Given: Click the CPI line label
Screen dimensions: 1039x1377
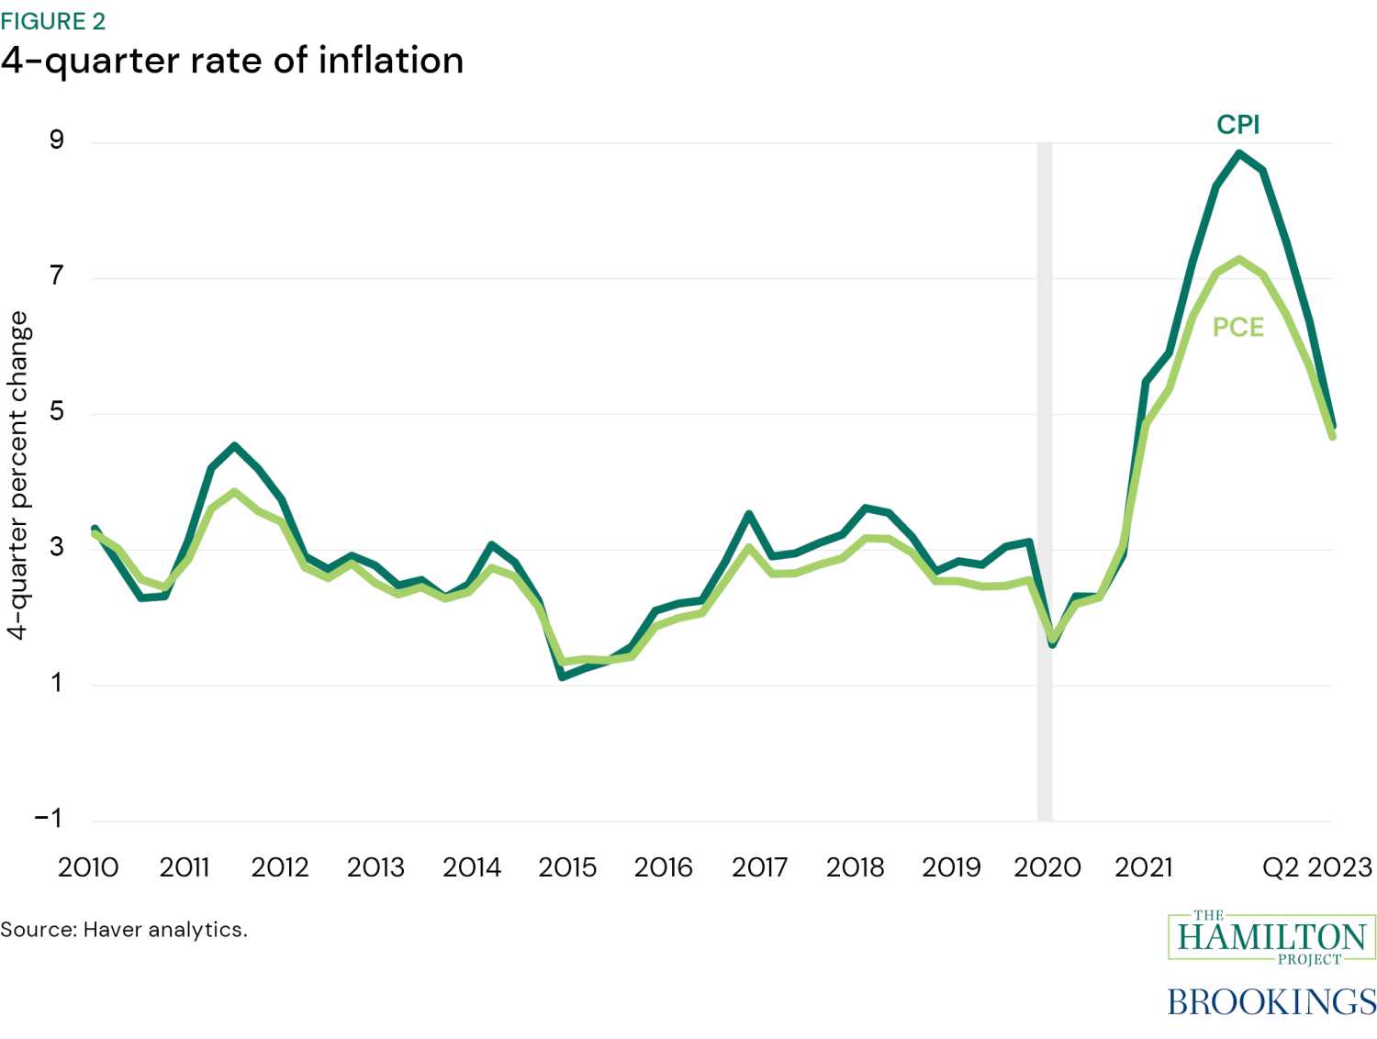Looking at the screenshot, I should [1237, 125].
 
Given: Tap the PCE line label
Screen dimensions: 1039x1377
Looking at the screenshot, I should [1237, 328].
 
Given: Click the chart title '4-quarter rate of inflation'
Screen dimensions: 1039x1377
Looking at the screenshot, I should [232, 61].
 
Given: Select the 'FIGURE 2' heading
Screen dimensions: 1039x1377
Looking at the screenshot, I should [53, 21].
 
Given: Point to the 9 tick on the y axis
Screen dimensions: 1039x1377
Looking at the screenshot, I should [57, 140].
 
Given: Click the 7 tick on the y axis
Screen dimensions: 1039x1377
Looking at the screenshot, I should [57, 275].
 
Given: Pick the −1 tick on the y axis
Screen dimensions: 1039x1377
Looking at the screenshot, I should [49, 818].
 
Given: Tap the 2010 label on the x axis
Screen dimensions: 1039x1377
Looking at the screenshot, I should [88, 867].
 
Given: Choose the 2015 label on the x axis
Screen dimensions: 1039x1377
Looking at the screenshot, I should [567, 867].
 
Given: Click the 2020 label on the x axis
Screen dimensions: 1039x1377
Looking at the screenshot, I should [1047, 867].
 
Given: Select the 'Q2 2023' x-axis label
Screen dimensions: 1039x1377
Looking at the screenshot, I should [1316, 867].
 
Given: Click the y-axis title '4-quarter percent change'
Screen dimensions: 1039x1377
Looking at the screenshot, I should [18, 475].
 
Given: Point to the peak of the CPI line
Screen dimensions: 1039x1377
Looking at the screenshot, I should [1239, 153].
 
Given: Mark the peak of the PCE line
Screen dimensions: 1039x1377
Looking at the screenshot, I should [1239, 259].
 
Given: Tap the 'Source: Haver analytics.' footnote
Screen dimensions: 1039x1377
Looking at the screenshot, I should [124, 930].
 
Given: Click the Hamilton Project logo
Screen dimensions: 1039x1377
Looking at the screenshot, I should [1271, 937].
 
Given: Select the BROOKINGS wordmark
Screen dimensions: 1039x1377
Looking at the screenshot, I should [1271, 1001].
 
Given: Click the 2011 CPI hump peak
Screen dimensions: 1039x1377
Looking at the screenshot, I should [235, 446].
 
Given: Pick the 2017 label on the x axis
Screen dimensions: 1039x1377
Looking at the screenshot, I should [759, 867].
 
